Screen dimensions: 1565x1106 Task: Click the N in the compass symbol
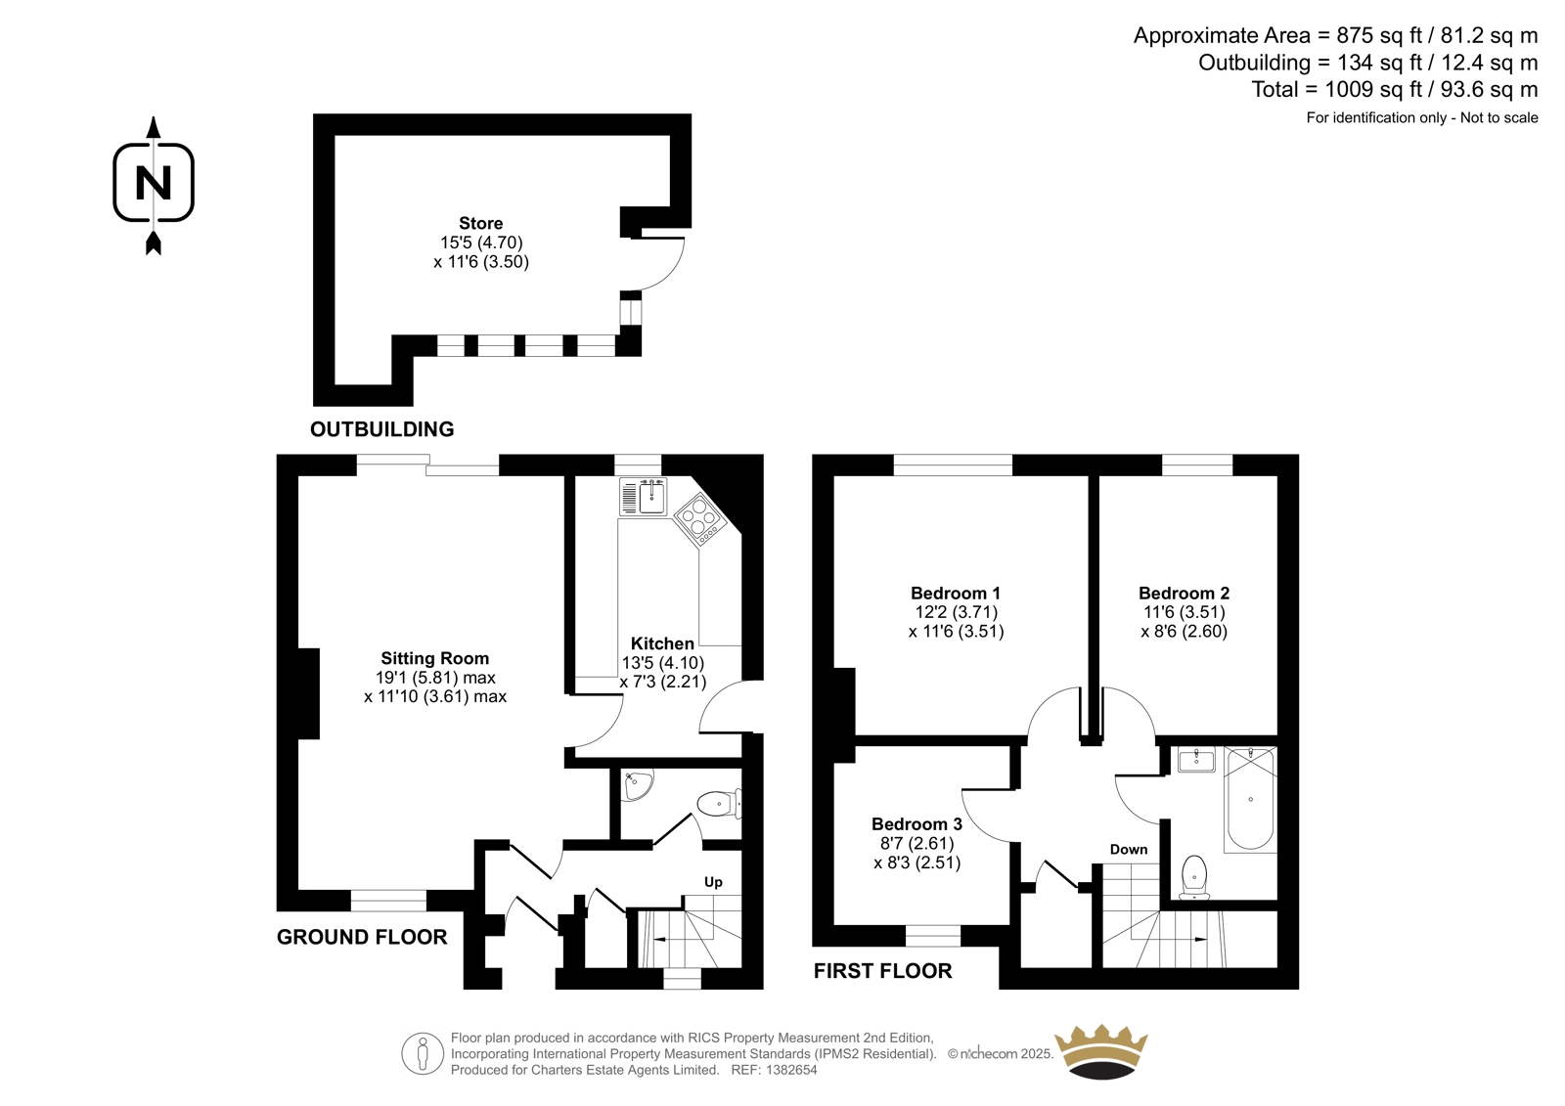153,183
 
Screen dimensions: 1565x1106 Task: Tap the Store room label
480,224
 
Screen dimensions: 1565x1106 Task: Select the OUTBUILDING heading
382,429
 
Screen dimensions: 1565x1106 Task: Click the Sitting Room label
434,658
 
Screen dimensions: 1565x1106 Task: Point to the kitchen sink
643,497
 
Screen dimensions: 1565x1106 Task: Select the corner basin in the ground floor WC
636,784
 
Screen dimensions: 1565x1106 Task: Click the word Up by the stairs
713,882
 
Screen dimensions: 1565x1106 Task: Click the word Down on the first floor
1129,850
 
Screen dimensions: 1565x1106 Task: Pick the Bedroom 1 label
956,594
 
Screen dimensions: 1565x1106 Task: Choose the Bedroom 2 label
1185,594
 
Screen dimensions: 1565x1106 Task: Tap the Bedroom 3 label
917,823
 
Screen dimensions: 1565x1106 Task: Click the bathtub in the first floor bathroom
1251,799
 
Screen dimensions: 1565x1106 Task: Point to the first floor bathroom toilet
1194,878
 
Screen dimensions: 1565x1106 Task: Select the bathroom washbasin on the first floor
1197,759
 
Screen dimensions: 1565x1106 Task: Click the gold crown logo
1101,1051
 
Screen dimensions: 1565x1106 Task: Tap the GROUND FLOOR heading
362,937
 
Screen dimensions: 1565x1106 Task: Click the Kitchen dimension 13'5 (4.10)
663,662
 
